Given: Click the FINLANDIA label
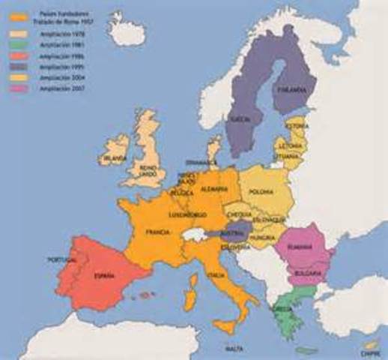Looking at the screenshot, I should tap(294, 90).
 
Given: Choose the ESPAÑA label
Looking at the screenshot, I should tap(104, 276).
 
